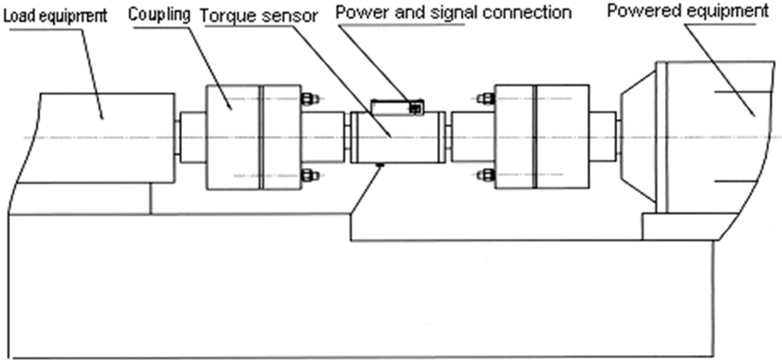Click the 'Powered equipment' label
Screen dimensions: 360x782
click(x=687, y=13)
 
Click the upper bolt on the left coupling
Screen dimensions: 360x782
click(x=310, y=99)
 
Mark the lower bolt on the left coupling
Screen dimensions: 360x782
click(x=310, y=175)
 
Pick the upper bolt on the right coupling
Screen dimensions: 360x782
click(x=485, y=99)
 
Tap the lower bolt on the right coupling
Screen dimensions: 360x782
click(x=485, y=175)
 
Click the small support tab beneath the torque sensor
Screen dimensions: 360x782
click(x=381, y=164)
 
